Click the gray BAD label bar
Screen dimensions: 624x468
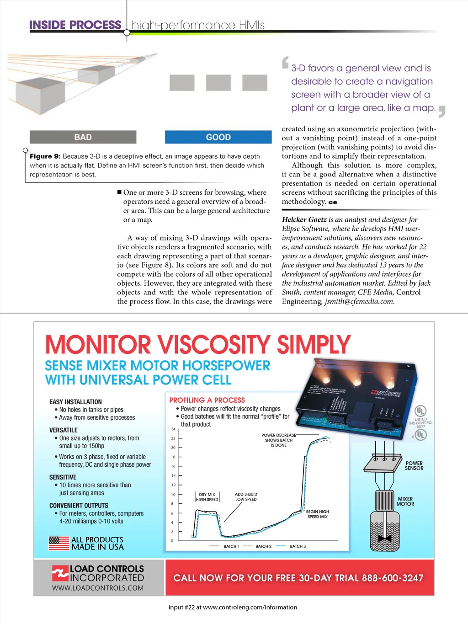83,137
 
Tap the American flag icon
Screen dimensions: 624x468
58,543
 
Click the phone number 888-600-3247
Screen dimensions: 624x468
393,578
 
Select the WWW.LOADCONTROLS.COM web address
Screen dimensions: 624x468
98,588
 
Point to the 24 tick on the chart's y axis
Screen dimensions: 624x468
173,429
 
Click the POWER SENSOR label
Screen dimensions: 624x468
414,465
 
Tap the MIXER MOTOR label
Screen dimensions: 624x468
405,501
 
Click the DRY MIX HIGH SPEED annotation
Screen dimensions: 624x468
207,497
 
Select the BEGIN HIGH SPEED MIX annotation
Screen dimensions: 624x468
318,514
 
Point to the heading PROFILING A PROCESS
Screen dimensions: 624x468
207,400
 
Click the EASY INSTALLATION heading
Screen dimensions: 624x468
75,402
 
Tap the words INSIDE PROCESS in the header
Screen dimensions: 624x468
75,25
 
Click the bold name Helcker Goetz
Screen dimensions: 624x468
304,219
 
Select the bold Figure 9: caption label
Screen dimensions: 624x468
45,156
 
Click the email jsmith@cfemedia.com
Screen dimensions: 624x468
359,301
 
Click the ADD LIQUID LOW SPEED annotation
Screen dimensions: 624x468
246,497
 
